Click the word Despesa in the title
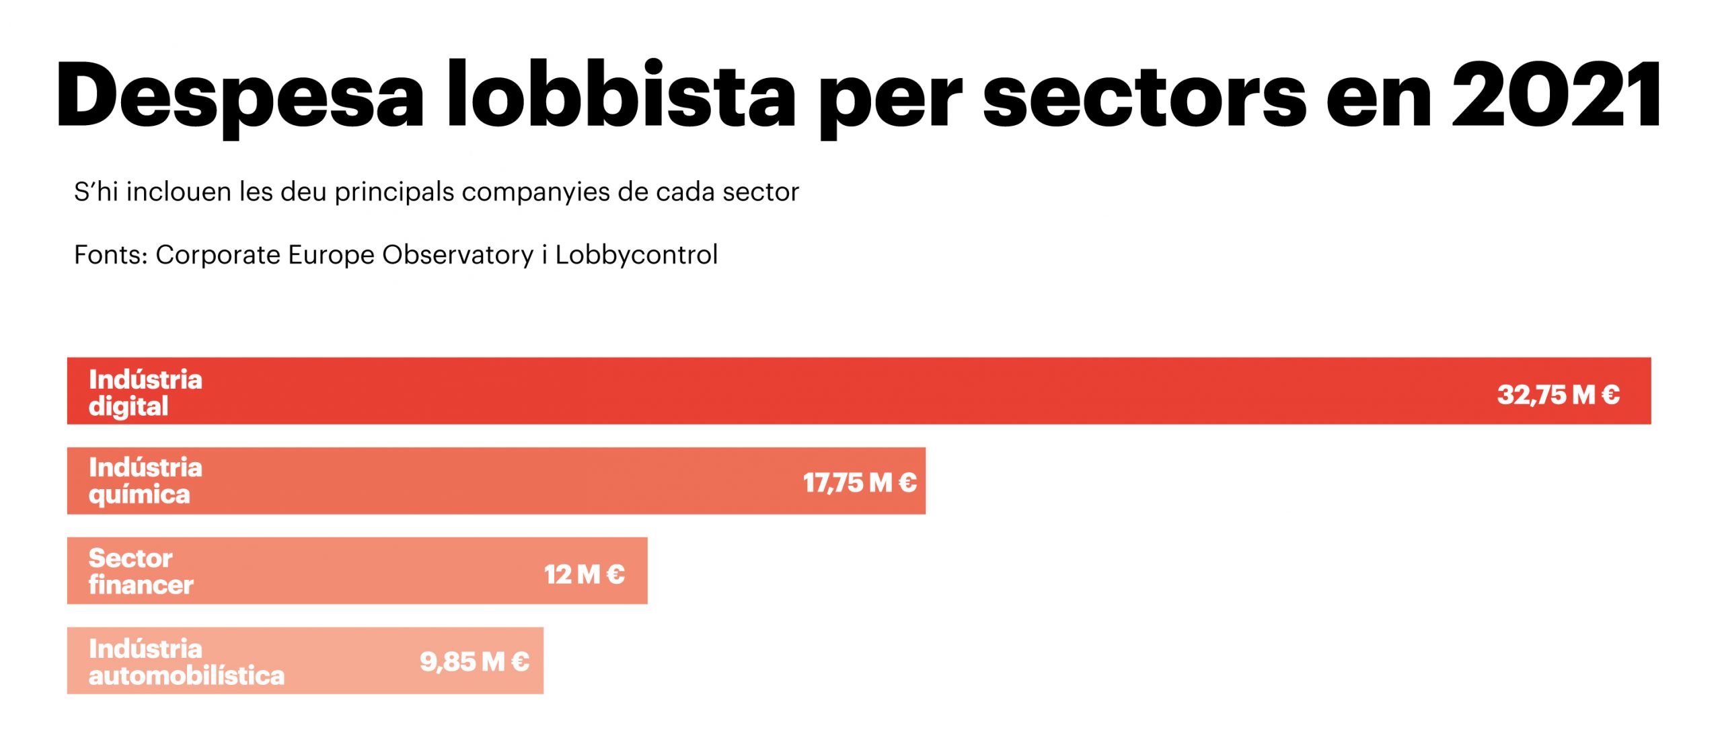[240, 96]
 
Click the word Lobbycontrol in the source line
[636, 255]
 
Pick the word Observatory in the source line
[457, 255]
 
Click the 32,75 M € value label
[1558, 395]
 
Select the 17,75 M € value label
[860, 482]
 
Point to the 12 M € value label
[585, 574]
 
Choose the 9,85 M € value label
[474, 662]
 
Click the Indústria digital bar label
[145, 393]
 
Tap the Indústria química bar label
[145, 481]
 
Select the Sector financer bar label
[141, 571]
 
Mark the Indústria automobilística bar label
[186, 662]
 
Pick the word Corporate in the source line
[218, 255]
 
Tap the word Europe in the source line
[331, 255]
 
